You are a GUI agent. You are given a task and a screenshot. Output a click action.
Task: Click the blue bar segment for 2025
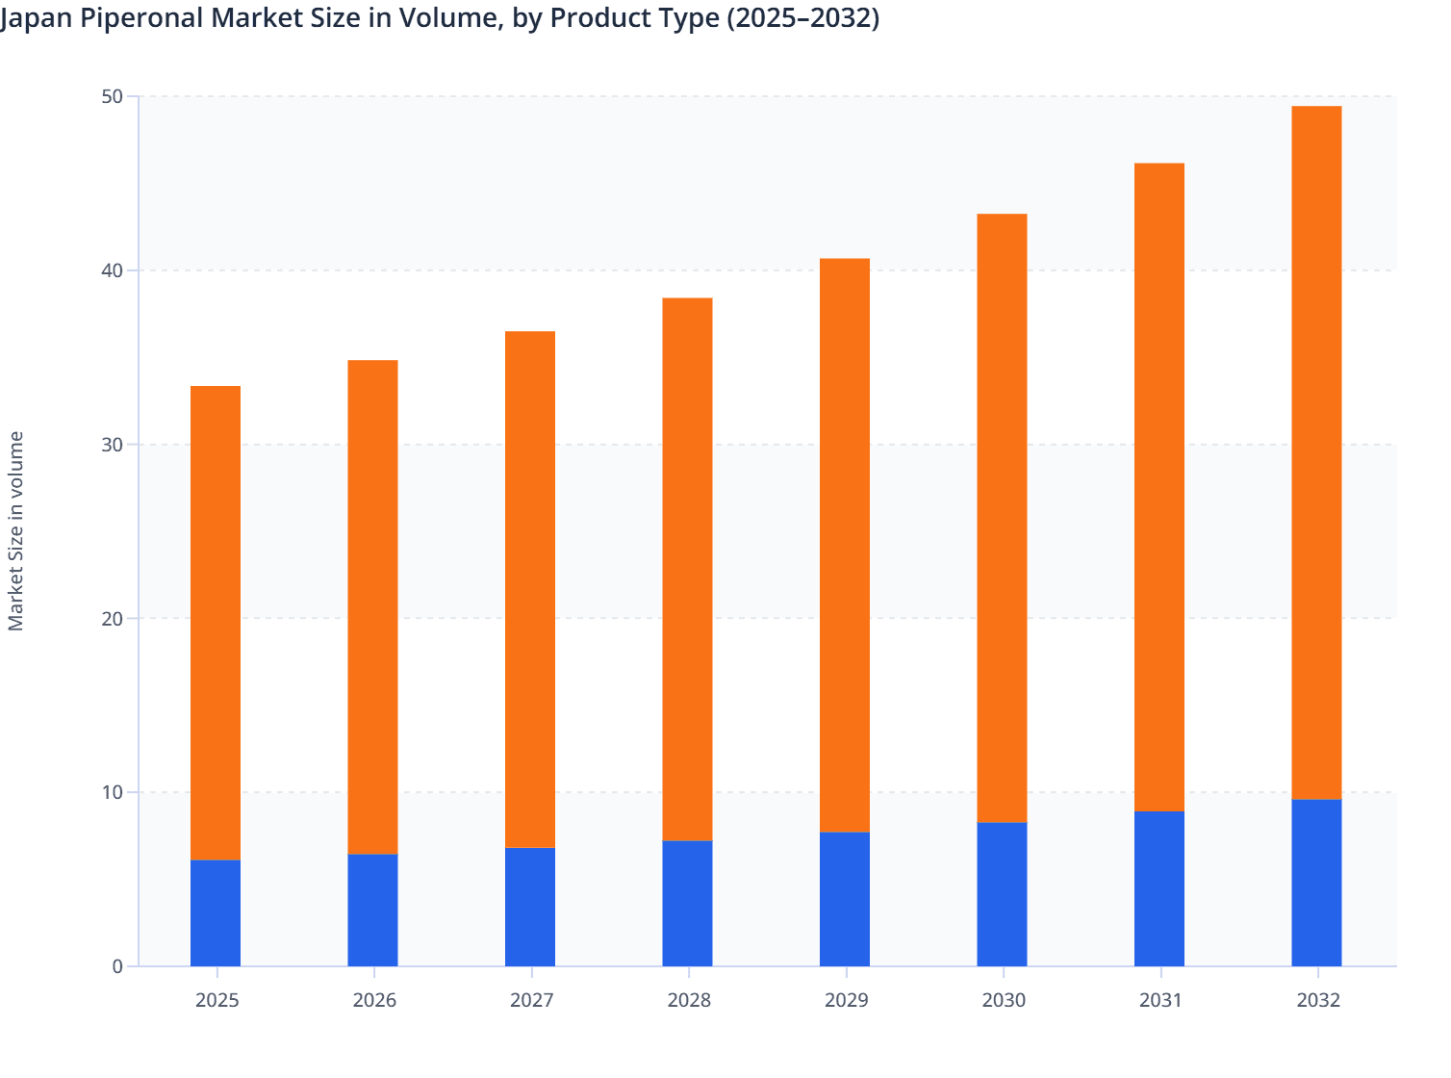pos(216,912)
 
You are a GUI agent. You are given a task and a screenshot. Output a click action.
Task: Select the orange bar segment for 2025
pos(216,623)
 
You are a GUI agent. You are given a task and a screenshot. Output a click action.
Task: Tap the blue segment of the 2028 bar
pos(687,903)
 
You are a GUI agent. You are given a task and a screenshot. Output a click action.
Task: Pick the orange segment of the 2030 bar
pos(1002,518)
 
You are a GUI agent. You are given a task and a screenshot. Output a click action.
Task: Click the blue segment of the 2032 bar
pos(1316,883)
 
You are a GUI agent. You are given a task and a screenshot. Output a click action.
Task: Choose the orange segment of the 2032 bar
pos(1316,452)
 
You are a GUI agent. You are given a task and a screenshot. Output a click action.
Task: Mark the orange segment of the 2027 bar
pos(530,589)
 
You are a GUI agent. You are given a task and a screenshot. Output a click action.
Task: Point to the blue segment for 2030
pos(1002,894)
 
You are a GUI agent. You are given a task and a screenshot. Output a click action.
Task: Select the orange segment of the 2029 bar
pos(845,545)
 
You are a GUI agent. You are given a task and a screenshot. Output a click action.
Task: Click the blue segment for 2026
pos(372,910)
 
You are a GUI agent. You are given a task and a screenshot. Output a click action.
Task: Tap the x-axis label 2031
pos(1160,1000)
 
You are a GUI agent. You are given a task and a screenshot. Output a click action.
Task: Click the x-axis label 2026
pos(374,1000)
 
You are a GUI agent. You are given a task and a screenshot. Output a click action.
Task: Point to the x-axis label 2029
pos(846,1000)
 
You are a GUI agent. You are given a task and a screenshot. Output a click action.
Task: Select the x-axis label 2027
pos(531,1000)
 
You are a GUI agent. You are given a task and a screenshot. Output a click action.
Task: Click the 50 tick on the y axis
pos(112,96)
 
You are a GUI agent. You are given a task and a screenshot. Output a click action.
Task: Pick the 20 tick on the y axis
pos(112,618)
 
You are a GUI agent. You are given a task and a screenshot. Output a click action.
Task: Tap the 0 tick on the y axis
pos(116,966)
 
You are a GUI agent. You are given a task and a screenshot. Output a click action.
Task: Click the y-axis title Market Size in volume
pos(16,530)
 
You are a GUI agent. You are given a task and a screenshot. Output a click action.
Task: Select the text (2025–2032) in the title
pos(802,17)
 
